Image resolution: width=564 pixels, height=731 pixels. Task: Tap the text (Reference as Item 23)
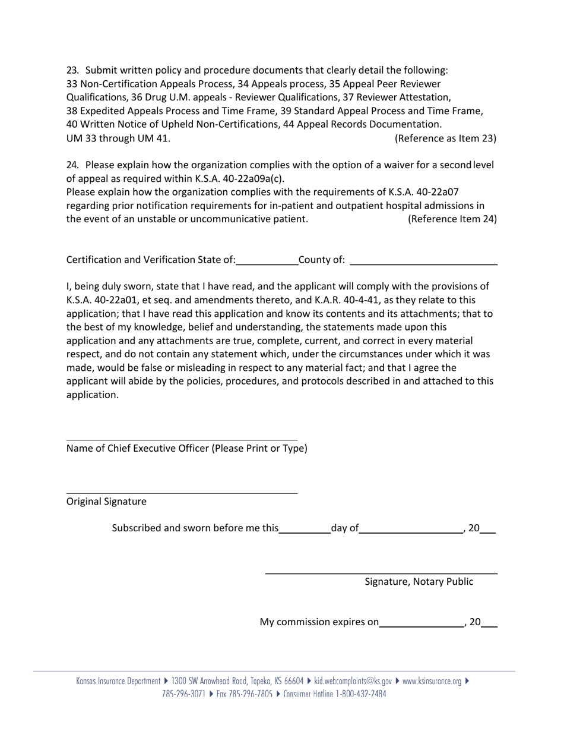[x=445, y=138]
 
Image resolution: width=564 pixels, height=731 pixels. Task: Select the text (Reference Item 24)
[x=452, y=219]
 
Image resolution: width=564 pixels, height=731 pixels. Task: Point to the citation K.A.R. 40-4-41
[x=346, y=300]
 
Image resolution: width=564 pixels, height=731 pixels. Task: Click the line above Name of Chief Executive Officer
[x=182, y=440]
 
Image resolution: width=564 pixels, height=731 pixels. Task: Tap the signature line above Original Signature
[x=182, y=493]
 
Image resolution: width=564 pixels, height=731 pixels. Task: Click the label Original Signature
[x=106, y=502]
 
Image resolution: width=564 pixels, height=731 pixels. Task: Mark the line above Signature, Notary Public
[x=381, y=574]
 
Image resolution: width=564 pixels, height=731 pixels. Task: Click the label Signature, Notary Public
[x=419, y=582]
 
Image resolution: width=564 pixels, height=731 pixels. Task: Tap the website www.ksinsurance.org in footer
[x=432, y=681]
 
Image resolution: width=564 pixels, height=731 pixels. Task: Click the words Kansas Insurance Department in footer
[x=118, y=681]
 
